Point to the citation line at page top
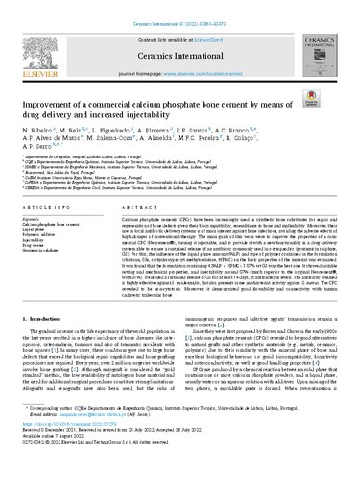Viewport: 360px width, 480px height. (180, 7)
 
